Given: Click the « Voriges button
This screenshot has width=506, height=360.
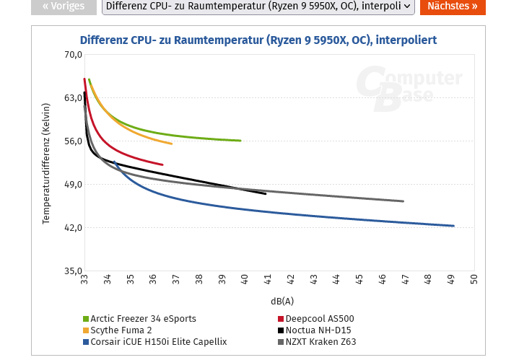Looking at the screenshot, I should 64,6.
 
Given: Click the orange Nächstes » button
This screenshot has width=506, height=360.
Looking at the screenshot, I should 453,6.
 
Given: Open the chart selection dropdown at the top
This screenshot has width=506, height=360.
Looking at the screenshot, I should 258,6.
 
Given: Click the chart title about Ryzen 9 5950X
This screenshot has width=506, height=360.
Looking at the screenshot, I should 258,40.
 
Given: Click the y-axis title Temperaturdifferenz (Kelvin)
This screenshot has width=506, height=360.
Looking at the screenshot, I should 46,163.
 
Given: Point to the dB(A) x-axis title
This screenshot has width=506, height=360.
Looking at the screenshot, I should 282,301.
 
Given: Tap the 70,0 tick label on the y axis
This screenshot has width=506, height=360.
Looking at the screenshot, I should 73,55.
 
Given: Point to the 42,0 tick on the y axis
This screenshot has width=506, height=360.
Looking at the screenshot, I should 73,228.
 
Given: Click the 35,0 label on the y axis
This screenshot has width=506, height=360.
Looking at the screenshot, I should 73,271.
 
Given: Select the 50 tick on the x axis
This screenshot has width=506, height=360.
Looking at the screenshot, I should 474,278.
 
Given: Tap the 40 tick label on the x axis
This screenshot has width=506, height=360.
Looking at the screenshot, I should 245,278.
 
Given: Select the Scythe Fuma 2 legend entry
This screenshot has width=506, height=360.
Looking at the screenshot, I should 121,330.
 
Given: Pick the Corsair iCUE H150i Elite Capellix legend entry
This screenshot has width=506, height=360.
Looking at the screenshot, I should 159,342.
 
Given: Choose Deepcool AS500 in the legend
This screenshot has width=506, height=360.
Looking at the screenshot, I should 319,318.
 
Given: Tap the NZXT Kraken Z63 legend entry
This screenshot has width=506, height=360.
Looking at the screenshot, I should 320,342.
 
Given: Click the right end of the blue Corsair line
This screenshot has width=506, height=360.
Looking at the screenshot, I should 453,226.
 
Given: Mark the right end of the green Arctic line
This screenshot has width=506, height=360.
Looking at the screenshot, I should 240,141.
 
